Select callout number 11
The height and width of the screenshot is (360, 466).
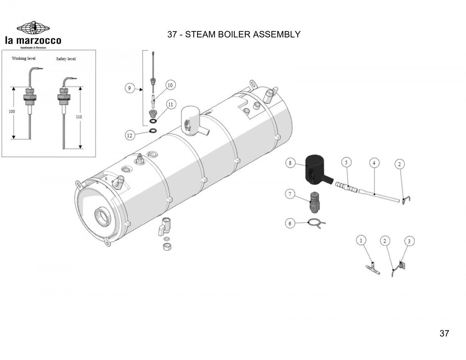(171, 105)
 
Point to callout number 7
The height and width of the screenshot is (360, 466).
(290, 194)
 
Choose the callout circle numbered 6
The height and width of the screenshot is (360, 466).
(290, 223)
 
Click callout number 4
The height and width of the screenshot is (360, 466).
(374, 162)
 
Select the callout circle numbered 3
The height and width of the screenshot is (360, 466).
(409, 241)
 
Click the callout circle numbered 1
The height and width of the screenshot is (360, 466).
(361, 240)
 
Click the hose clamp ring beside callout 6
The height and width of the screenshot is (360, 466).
(314, 222)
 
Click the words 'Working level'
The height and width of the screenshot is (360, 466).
(24, 58)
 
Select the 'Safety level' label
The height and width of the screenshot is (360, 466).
(66, 58)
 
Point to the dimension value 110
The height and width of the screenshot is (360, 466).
(79, 117)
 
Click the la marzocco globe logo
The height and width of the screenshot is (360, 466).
(33, 28)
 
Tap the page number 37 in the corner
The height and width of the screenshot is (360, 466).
(444, 333)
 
